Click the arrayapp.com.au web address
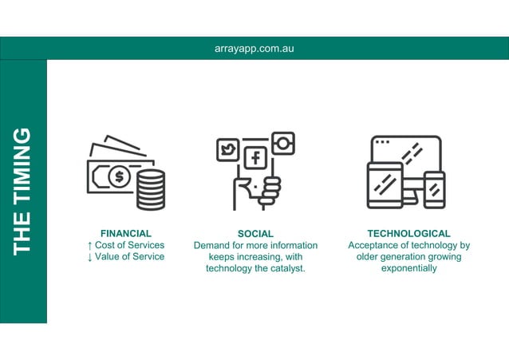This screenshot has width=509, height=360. (254, 48)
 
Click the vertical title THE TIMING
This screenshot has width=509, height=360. (23, 191)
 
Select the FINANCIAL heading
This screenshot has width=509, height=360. (126, 234)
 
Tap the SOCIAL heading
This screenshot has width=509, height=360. (255, 234)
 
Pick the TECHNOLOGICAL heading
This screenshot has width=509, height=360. (408, 234)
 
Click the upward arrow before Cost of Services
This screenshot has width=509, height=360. (90, 245)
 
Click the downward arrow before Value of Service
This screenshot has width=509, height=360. (90, 257)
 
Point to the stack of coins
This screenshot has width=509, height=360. (150, 189)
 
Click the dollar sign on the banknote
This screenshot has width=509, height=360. (119, 177)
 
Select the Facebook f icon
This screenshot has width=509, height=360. (255, 157)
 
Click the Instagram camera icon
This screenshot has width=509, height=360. (282, 144)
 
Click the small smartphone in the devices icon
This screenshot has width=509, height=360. (434, 190)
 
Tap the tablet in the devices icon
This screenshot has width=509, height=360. (385, 185)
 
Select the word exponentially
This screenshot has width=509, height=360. (408, 268)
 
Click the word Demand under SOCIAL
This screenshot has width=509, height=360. (213, 245)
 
